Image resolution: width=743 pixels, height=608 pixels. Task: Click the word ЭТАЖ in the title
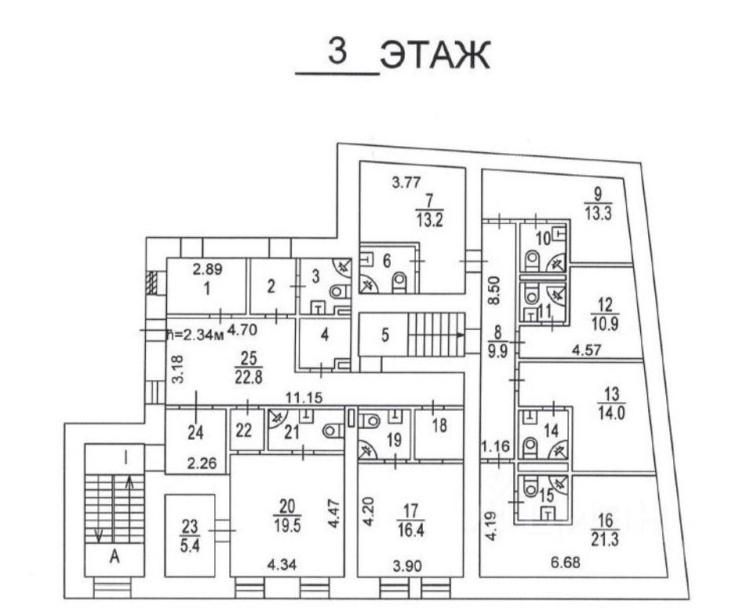click(x=435, y=56)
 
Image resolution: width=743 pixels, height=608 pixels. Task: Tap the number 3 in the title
click(x=337, y=51)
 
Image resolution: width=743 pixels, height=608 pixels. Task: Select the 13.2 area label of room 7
click(x=430, y=221)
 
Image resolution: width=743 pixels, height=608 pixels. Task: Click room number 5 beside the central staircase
click(x=385, y=335)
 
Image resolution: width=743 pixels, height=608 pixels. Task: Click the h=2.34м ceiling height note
click(x=195, y=334)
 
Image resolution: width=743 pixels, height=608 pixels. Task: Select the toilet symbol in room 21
click(x=333, y=430)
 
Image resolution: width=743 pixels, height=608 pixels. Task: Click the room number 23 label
click(x=190, y=526)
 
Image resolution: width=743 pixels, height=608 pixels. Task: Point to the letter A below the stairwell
click(x=115, y=557)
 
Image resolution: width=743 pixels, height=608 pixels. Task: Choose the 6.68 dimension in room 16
click(x=566, y=563)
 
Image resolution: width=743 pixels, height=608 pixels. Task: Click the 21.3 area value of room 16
click(x=605, y=540)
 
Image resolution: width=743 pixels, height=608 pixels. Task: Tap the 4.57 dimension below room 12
click(x=586, y=350)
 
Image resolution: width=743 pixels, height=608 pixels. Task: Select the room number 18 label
click(x=439, y=425)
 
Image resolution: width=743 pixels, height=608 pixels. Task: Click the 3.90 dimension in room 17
click(x=407, y=566)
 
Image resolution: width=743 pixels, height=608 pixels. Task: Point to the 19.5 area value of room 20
click(x=286, y=526)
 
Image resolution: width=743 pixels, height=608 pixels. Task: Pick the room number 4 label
click(x=325, y=335)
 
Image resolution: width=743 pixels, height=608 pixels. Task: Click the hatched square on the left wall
click(x=152, y=284)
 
